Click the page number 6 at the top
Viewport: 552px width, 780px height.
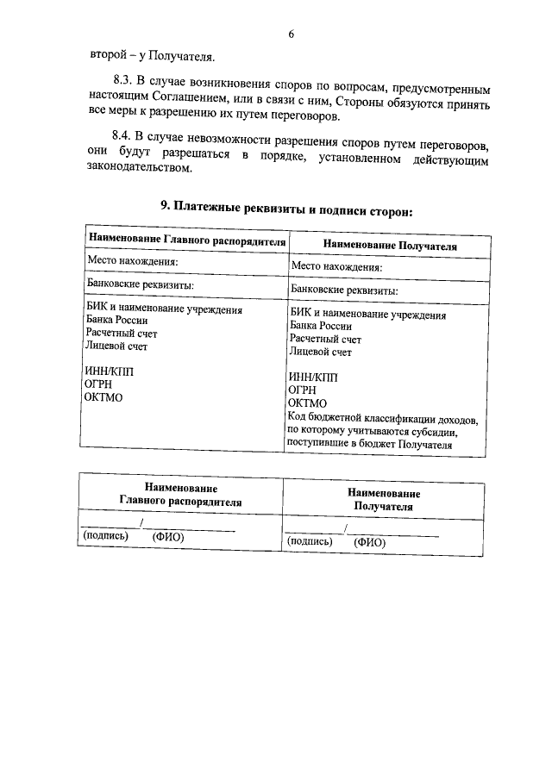click(x=291, y=34)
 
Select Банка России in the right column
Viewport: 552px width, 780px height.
click(x=321, y=327)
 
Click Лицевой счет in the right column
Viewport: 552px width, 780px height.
click(x=321, y=352)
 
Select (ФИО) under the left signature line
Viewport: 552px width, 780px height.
click(x=169, y=537)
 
